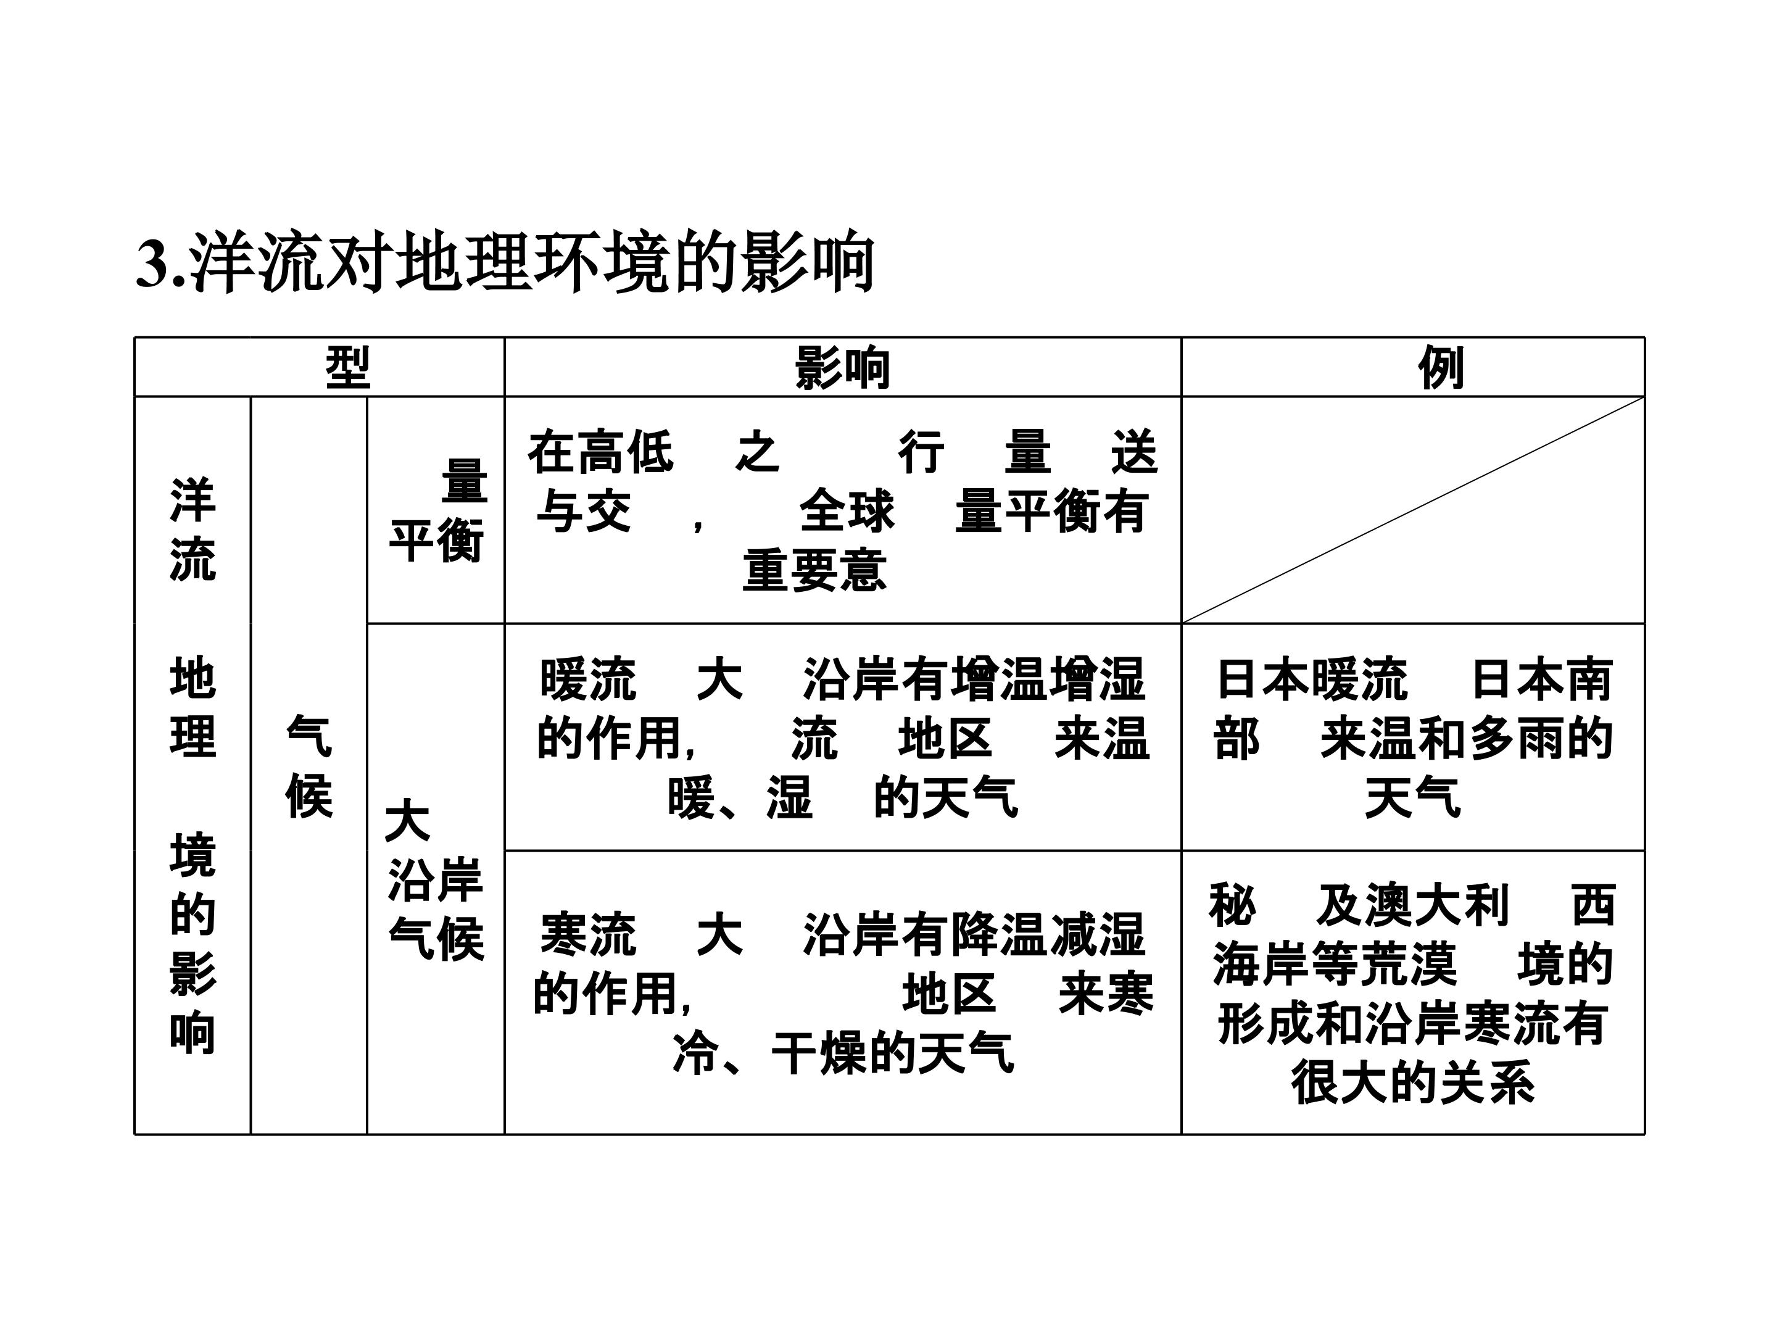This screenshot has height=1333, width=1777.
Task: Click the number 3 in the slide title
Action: click(154, 263)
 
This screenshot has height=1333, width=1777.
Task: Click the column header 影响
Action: click(843, 368)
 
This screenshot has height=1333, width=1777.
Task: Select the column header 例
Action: click(1440, 368)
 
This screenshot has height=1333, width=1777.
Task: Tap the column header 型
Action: click(348, 368)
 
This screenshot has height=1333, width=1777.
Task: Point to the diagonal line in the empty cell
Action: click(1412, 509)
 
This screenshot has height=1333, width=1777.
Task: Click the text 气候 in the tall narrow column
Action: click(309, 767)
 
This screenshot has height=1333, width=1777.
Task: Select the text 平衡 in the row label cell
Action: click(437, 541)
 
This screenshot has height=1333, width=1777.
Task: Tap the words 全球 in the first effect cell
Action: click(847, 511)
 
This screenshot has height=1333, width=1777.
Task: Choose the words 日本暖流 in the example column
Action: click(1312, 679)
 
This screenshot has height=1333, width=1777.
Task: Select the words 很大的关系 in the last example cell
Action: click(1413, 1082)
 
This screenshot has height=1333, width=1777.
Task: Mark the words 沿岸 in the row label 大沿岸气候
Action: click(436, 880)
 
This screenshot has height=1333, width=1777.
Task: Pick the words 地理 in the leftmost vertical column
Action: click(193, 708)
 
